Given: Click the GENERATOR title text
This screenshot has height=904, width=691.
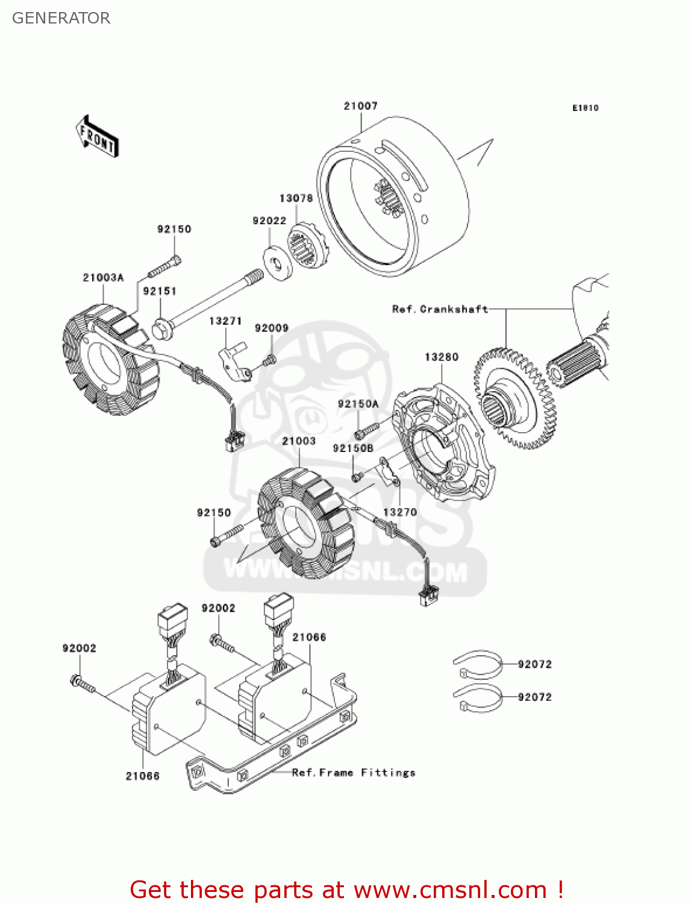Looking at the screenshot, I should tap(61, 18).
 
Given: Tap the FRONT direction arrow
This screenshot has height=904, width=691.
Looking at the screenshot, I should tap(96, 137).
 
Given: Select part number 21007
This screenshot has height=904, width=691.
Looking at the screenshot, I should tap(360, 106).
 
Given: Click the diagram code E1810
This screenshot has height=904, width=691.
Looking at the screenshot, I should tap(585, 108).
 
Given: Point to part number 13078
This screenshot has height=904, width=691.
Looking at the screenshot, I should tap(296, 198).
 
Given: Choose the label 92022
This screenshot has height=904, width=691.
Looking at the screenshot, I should tap(269, 221).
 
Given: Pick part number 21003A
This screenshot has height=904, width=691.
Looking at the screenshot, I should tap(103, 278).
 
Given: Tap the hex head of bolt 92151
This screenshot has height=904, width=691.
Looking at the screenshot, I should tap(162, 329).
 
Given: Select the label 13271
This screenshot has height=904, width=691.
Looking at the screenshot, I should tap(225, 321).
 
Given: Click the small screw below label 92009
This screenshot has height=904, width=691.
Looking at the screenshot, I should tap(269, 360).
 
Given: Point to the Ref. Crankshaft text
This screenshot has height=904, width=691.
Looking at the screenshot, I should tap(440, 309).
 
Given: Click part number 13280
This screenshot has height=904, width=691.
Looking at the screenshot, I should tap(442, 357).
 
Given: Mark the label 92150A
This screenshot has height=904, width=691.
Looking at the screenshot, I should tap(358, 404).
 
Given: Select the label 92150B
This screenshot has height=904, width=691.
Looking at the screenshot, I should tap(353, 448).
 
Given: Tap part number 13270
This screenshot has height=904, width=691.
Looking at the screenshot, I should tap(399, 512).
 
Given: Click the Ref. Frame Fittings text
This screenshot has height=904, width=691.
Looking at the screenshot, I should tap(354, 773).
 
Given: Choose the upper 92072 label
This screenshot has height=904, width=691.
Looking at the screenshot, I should tap(534, 664).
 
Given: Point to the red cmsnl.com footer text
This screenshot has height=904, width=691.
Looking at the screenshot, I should tap(346, 890).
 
